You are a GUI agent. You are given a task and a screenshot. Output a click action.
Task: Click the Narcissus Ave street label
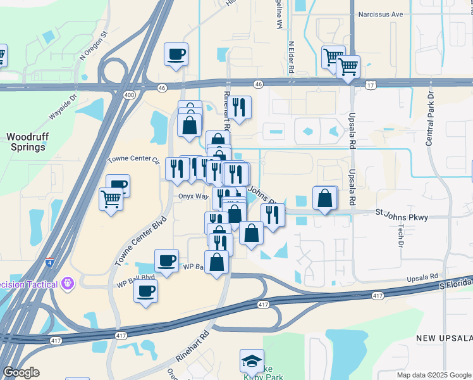tap(380, 13)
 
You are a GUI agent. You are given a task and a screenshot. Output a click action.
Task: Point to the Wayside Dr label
tap(63, 108)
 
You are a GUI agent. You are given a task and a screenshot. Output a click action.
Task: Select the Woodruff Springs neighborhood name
tap(26, 142)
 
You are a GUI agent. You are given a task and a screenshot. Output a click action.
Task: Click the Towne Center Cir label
tap(133, 159)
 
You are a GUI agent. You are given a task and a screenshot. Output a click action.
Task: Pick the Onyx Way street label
tap(193, 196)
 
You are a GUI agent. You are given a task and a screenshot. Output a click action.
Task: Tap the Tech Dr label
tap(401, 234)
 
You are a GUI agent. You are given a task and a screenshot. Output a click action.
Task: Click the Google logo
tap(21, 372)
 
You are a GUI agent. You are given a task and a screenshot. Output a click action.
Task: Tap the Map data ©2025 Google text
tap(434, 375)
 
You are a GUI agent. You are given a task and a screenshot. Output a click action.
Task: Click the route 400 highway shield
tap(130, 95)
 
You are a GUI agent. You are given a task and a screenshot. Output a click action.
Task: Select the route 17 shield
tap(370, 84)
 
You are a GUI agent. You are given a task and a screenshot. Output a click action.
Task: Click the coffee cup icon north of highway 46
tap(176, 54)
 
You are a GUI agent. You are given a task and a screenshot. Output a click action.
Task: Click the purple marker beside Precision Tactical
tap(68, 283)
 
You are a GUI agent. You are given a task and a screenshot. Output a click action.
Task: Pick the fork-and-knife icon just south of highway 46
tap(239, 108)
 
